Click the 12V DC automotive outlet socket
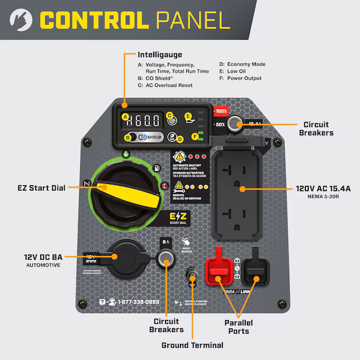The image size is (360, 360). point(117,257)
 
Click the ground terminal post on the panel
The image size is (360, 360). point(193,276)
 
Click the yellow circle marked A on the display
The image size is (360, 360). point(126,117)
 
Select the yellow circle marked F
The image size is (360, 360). point(194,137)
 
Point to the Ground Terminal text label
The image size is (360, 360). point(192,345)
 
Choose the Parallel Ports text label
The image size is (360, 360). point(239,327)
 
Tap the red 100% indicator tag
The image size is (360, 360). point(221,111)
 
